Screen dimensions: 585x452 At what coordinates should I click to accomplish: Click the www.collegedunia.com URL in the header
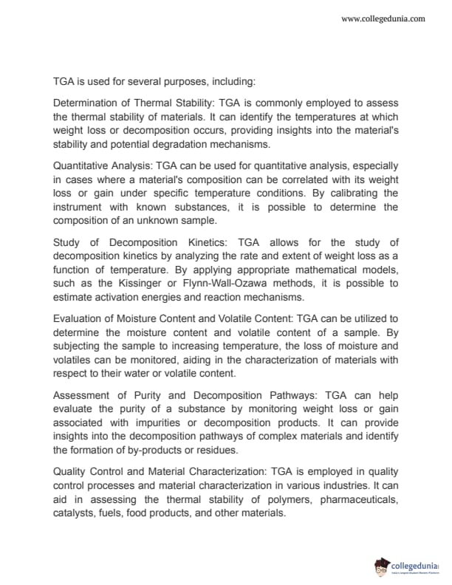point(383,18)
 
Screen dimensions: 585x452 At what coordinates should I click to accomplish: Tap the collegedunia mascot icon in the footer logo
point(382,567)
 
